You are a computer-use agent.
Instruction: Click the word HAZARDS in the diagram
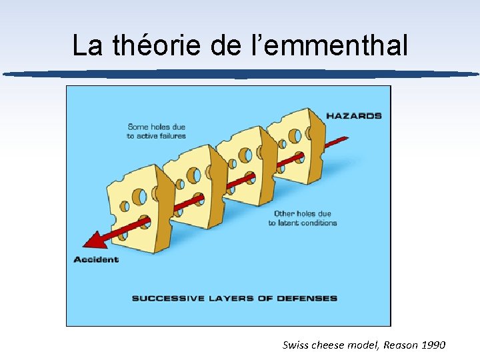pyautogui.click(x=353, y=115)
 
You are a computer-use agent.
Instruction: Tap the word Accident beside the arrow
pyautogui.click(x=96, y=259)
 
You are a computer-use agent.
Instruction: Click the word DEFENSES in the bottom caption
pyautogui.click(x=307, y=298)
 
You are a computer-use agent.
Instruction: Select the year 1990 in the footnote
pyautogui.click(x=433, y=345)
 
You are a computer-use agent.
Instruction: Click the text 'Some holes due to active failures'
pyautogui.click(x=156, y=131)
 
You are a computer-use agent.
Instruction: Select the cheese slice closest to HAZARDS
pyautogui.click(x=297, y=147)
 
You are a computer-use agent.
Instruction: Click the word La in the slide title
pyautogui.click(x=87, y=45)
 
